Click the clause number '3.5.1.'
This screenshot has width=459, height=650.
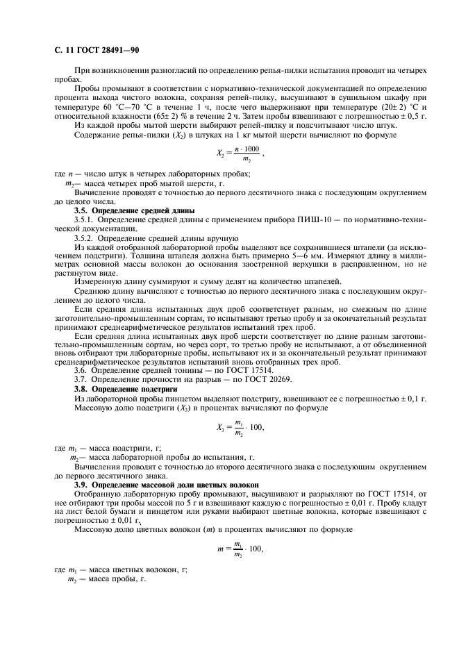(x=85, y=219)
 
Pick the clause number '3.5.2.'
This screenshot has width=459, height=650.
(x=85, y=237)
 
